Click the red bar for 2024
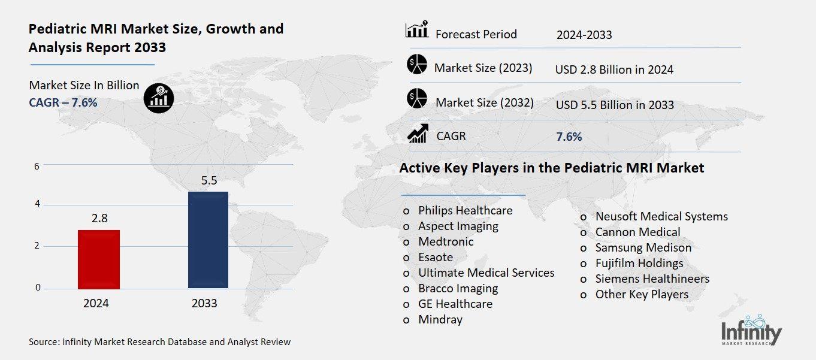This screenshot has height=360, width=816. [99, 259]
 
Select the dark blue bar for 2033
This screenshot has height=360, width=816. [208, 240]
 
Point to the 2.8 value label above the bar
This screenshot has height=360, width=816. [99, 219]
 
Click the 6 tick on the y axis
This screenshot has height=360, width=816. [37, 166]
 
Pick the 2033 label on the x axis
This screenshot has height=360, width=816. [204, 304]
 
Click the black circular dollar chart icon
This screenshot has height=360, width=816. [159, 96]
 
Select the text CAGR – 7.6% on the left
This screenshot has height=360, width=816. [63, 102]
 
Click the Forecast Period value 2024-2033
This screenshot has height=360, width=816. [584, 35]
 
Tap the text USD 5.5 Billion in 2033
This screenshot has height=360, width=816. [614, 105]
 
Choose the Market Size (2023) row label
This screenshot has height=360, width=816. [483, 68]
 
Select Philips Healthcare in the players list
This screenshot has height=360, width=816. [465, 210]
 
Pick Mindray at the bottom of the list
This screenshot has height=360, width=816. [440, 319]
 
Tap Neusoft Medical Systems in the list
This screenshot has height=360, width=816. [661, 216]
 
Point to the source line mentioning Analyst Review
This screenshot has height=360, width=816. [159, 342]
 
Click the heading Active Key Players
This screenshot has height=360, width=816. [551, 168]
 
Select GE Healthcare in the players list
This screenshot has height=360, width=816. [455, 304]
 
